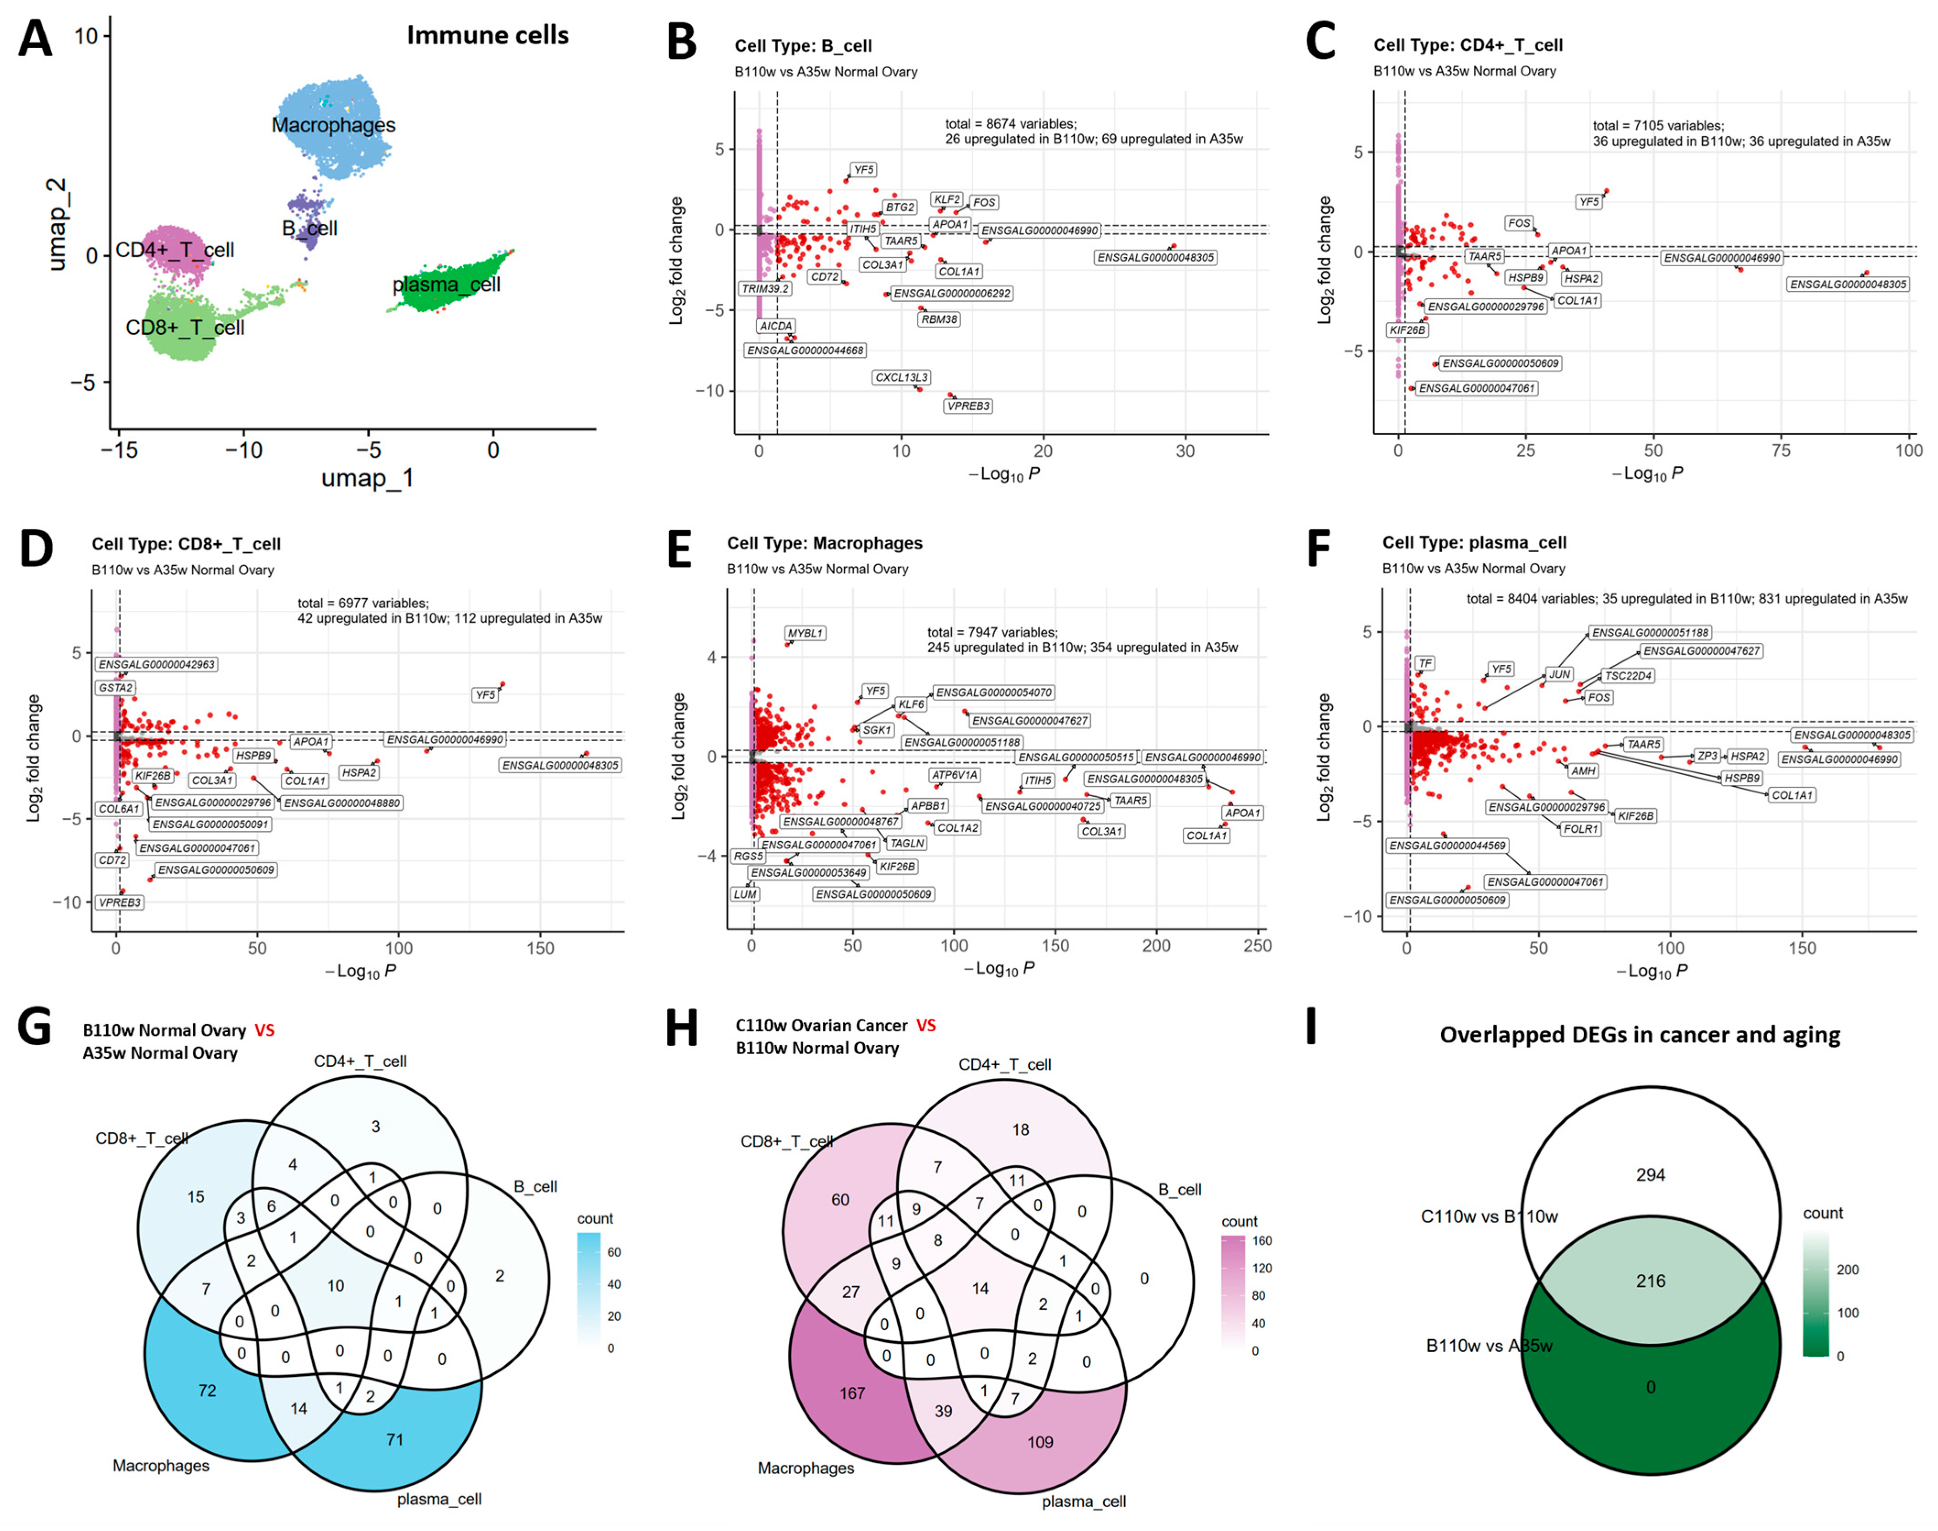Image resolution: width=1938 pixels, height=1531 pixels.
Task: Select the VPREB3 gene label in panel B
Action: [x=969, y=406]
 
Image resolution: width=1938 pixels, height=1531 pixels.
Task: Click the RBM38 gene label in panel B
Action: [x=939, y=319]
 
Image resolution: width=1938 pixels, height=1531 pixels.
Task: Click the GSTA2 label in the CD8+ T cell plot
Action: [x=116, y=688]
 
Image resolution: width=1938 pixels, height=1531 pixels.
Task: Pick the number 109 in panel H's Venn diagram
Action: [x=1040, y=1442]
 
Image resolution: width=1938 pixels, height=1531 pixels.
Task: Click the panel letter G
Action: [x=34, y=1028]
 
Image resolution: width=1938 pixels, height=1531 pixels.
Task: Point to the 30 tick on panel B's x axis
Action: [x=1185, y=451]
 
